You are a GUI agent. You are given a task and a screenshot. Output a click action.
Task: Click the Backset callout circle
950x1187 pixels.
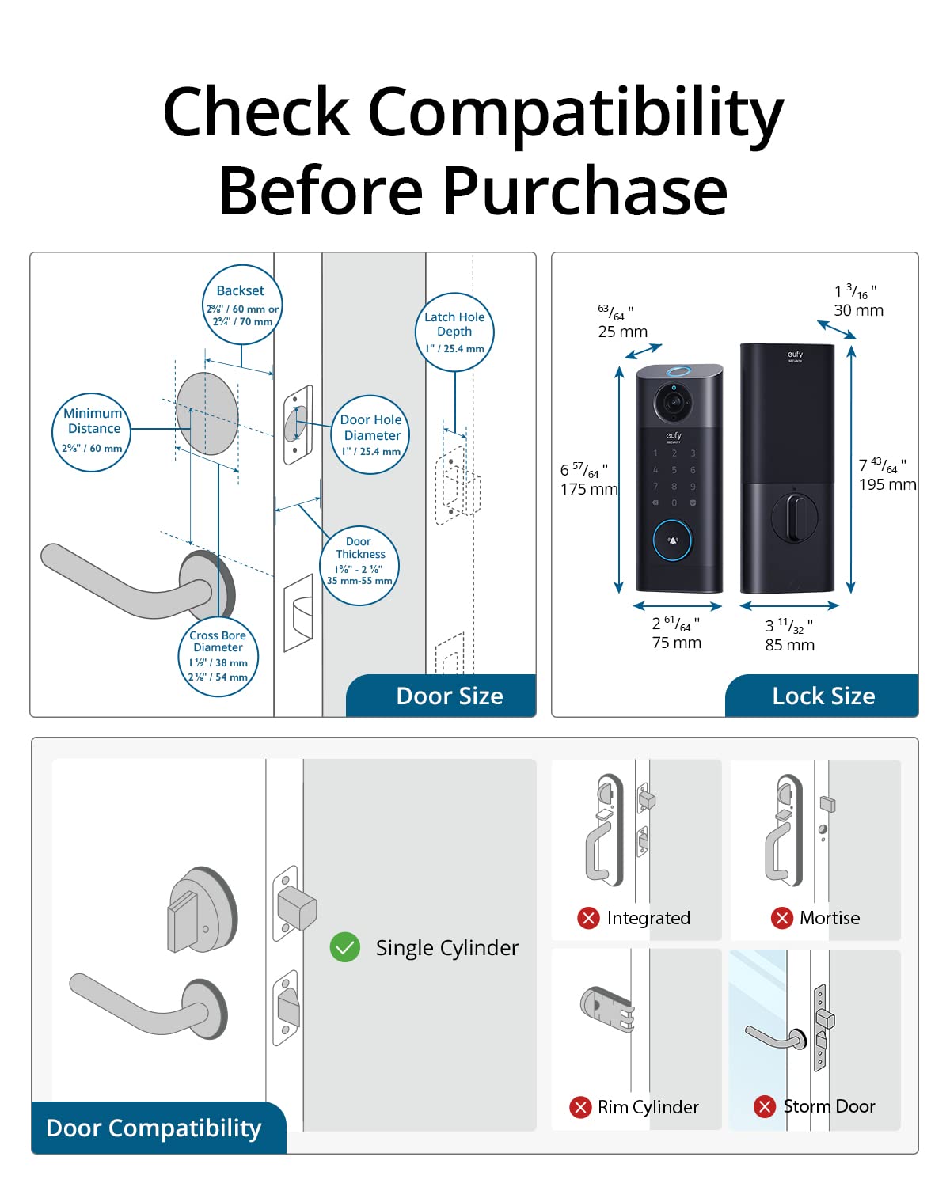241,305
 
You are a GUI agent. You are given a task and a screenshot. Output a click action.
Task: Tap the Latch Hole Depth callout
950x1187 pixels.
454,332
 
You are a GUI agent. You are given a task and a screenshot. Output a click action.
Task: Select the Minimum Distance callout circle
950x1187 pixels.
92,432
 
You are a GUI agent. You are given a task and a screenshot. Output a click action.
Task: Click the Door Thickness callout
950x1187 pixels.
359,565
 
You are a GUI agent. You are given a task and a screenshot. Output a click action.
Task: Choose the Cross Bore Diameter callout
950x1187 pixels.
218,656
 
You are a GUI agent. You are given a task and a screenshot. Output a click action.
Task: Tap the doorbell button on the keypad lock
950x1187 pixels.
672,540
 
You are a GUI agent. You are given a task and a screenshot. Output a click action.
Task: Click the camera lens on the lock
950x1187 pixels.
673,402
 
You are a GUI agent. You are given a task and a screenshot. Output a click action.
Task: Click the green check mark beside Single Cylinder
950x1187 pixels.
345,947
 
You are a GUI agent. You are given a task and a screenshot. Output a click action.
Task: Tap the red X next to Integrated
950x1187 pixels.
588,918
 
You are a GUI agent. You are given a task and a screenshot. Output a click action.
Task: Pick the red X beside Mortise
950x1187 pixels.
781,918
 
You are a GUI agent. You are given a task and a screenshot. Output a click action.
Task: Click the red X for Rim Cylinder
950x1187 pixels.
580,1107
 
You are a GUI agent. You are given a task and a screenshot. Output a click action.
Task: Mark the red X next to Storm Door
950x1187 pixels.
765,1106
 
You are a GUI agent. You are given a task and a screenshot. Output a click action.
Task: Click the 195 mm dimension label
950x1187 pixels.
887,484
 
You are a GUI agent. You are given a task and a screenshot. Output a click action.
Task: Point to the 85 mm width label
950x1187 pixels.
789,645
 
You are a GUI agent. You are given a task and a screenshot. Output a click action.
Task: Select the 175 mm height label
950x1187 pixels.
589,489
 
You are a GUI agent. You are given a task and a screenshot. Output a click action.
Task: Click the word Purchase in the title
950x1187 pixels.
585,191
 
